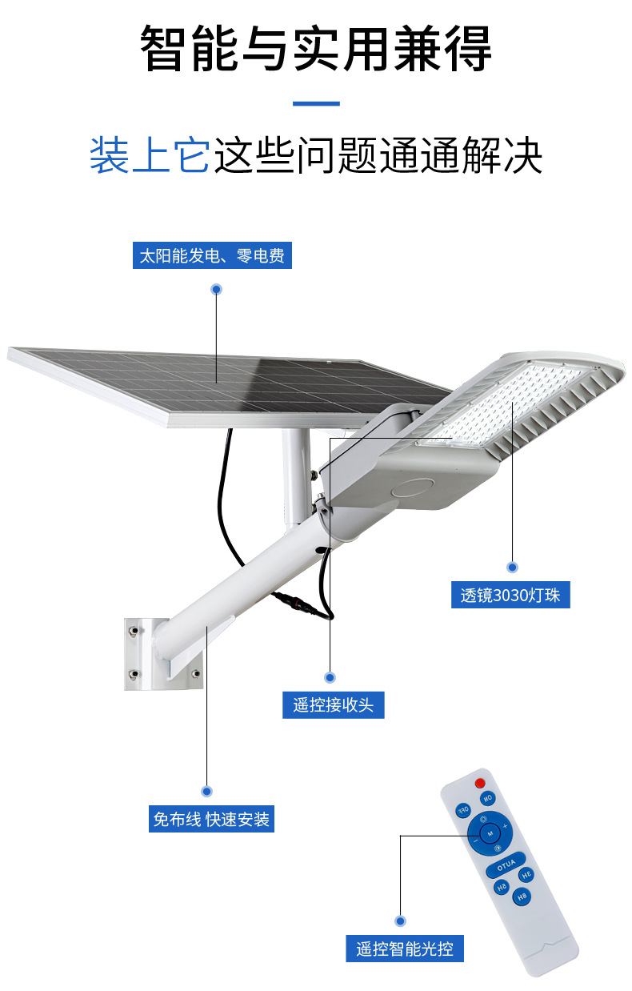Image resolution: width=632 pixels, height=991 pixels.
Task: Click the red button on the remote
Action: (480, 782)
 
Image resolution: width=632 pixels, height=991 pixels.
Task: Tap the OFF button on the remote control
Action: (462, 810)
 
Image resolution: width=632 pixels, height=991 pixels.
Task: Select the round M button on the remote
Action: (490, 834)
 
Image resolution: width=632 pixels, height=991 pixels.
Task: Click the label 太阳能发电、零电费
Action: (212, 257)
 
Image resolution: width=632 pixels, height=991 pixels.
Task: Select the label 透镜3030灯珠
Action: (510, 596)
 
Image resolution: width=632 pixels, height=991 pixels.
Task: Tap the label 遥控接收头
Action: (333, 705)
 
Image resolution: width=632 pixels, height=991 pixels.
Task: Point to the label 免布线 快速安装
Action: (211, 820)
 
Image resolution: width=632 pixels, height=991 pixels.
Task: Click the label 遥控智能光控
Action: (405, 949)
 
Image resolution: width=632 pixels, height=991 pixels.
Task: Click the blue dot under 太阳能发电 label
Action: (216, 289)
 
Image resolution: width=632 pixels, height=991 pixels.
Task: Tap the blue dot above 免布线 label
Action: (207, 791)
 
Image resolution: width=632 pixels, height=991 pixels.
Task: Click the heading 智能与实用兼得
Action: (316, 50)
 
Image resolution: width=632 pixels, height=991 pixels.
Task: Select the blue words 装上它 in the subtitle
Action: (149, 155)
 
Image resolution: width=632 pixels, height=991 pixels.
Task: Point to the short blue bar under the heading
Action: (316, 103)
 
